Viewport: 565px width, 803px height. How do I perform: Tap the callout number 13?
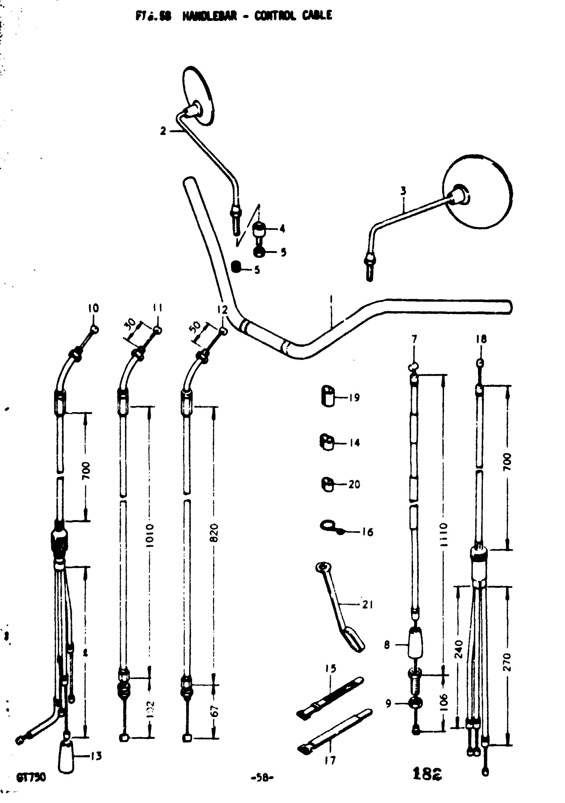[x=96, y=756]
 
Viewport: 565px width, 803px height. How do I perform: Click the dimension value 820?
[x=214, y=532]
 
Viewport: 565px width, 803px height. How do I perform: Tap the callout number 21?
[x=367, y=604]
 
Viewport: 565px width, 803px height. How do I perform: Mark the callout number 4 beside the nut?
[x=282, y=229]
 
